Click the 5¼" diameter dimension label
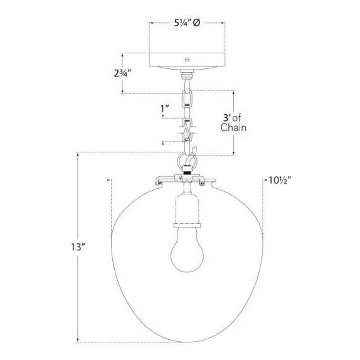187,23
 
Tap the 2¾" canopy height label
122,73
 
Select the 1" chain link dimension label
165,109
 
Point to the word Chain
233,128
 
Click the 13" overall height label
78,247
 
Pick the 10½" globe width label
280,181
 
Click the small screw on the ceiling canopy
187,60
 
